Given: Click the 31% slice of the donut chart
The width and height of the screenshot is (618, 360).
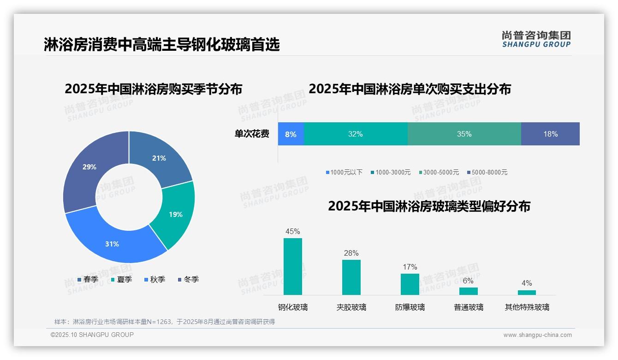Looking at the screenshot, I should coord(112,243).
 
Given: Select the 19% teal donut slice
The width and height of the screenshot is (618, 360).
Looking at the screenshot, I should coord(176,214).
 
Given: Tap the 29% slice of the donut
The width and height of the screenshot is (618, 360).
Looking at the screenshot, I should coord(89,167).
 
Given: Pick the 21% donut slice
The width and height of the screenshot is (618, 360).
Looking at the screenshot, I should coord(159,158).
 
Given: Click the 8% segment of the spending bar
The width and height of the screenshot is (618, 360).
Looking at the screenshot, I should coord(291,134).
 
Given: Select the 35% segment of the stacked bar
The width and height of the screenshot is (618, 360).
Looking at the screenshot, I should coord(464,134).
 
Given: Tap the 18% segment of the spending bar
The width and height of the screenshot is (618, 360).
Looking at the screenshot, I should coord(550,134).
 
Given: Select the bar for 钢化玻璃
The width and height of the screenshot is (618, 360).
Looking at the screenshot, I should coord(293,266).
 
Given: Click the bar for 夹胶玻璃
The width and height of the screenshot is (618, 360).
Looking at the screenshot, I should coord(351,277).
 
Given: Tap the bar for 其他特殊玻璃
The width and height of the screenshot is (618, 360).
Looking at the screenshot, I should coord(527,292).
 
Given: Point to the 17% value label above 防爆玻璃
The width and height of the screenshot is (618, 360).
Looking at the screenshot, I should coord(410,267).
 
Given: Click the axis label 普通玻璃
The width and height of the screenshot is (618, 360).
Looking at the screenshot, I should coord(469,307).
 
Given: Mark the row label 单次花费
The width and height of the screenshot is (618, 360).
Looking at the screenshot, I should coord(252,134).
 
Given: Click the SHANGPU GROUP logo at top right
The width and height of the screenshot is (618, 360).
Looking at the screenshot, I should coord(536,39).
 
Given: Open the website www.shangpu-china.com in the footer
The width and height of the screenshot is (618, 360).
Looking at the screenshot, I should coord(537,335).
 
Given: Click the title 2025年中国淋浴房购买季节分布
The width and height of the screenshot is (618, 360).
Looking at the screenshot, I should coord(153,89).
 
